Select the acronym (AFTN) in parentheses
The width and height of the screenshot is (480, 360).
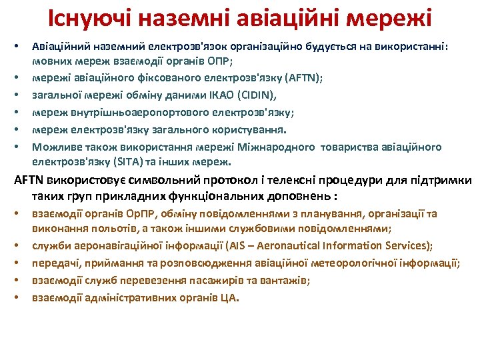click(x=304, y=77)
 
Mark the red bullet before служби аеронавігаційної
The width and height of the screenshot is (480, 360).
click(x=17, y=246)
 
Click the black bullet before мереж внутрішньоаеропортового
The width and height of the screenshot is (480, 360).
click(x=17, y=113)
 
